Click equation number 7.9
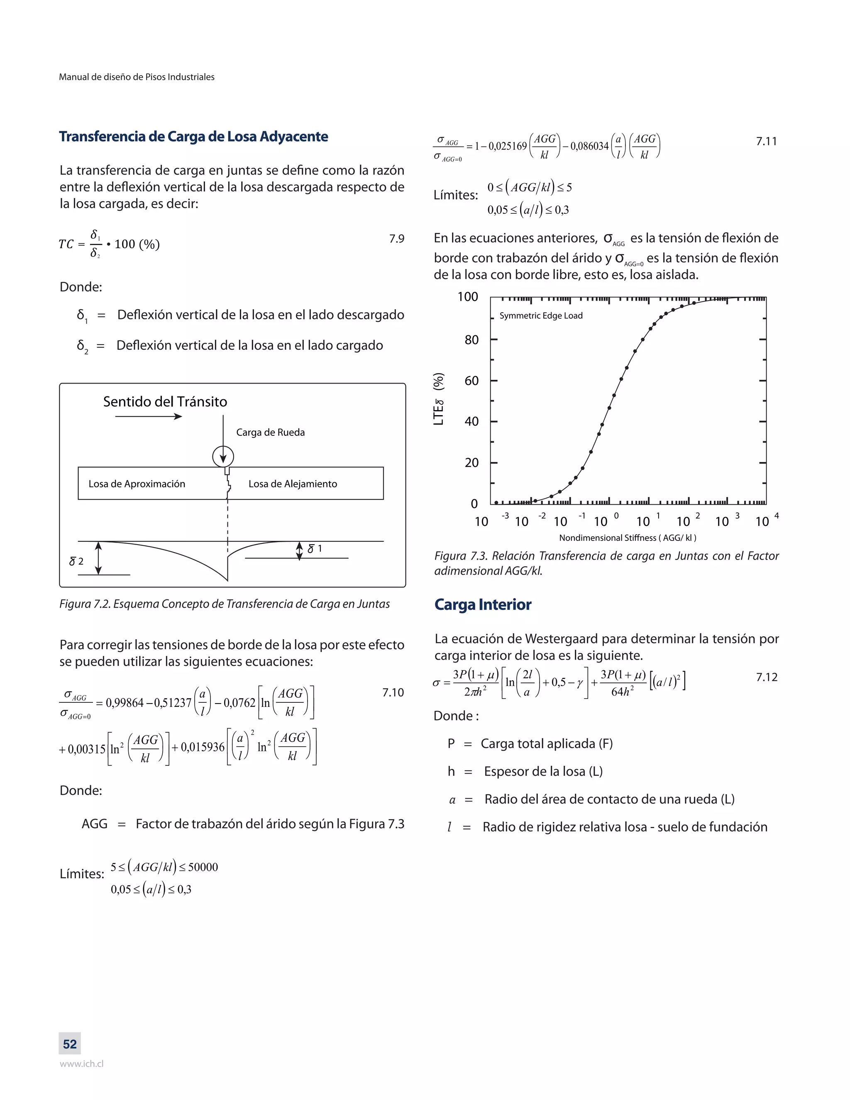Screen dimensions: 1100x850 [396, 239]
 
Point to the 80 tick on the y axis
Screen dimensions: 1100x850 [471, 340]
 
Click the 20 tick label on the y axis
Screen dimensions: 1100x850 [471, 462]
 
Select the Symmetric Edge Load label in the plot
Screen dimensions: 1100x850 [540, 316]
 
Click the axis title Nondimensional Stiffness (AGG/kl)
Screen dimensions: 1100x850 [628, 538]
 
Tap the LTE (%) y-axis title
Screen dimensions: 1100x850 [439, 399]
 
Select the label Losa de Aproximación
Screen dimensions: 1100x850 [137, 484]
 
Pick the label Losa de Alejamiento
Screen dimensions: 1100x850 [293, 484]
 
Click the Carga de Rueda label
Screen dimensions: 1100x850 [271, 432]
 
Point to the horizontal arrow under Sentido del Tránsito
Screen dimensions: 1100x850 [149, 416]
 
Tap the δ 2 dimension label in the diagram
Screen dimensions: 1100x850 [76, 561]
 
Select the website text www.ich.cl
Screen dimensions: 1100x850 [82, 1064]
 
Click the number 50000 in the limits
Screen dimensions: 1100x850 [203, 867]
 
